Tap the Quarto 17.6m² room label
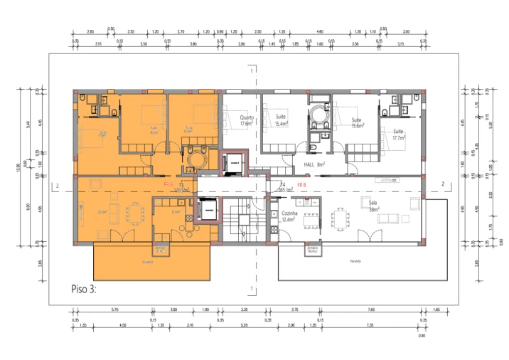(x=247, y=121)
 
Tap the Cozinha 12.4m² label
(x=289, y=217)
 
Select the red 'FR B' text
(x=301, y=184)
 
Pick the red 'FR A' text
(x=168, y=184)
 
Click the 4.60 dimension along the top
(x=320, y=32)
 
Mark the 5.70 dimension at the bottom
(x=114, y=310)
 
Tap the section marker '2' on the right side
(x=443, y=184)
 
